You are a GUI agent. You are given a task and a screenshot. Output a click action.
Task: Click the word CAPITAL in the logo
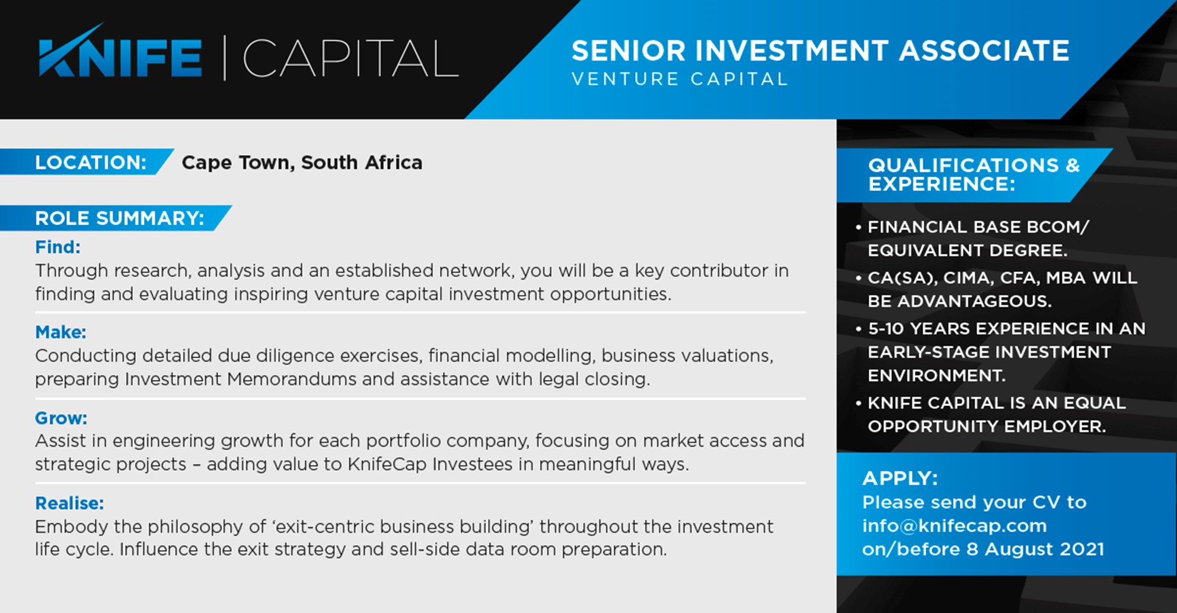[350, 58]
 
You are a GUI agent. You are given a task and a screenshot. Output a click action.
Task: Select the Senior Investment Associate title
[821, 50]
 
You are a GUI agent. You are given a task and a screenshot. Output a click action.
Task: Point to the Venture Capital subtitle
[680, 79]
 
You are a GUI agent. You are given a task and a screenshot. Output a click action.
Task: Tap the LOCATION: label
[91, 162]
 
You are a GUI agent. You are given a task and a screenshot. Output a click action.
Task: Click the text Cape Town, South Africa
[302, 162]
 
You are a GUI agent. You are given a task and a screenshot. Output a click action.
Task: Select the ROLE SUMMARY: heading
[120, 218]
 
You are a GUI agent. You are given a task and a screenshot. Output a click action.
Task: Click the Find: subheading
[58, 247]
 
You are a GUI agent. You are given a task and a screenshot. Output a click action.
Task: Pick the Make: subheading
[60, 332]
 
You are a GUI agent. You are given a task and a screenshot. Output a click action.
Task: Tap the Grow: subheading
[61, 418]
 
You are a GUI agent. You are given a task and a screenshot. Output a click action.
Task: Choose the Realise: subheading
[69, 503]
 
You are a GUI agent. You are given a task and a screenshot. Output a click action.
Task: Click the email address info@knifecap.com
[955, 526]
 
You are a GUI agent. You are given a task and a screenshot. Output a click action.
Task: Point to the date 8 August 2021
[1035, 549]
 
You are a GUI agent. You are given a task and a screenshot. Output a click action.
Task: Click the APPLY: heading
[900, 478]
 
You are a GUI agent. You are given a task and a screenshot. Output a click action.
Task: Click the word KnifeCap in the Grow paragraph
[387, 464]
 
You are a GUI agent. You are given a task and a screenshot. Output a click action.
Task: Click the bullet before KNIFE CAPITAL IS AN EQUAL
[859, 403]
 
